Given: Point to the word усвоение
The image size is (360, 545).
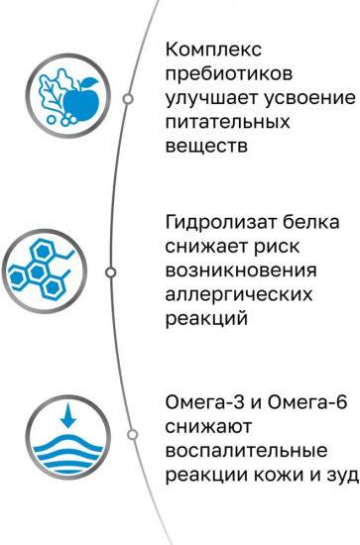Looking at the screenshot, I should coord(307,99).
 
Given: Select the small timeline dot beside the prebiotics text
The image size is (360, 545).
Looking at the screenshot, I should coord(127,99).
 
